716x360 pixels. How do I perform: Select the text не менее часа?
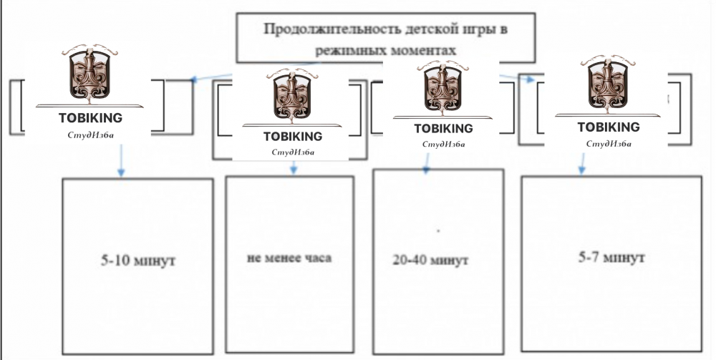pos(289,258)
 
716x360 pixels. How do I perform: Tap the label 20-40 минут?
pos(430,261)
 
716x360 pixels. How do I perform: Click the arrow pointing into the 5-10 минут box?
pos(121,170)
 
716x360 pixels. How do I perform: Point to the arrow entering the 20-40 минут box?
pos(427,168)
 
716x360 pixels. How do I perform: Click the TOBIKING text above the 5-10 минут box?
pos(92,117)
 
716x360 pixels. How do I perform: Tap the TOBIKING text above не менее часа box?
pos(293,136)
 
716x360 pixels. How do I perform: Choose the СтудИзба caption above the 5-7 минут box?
pos(609,143)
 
